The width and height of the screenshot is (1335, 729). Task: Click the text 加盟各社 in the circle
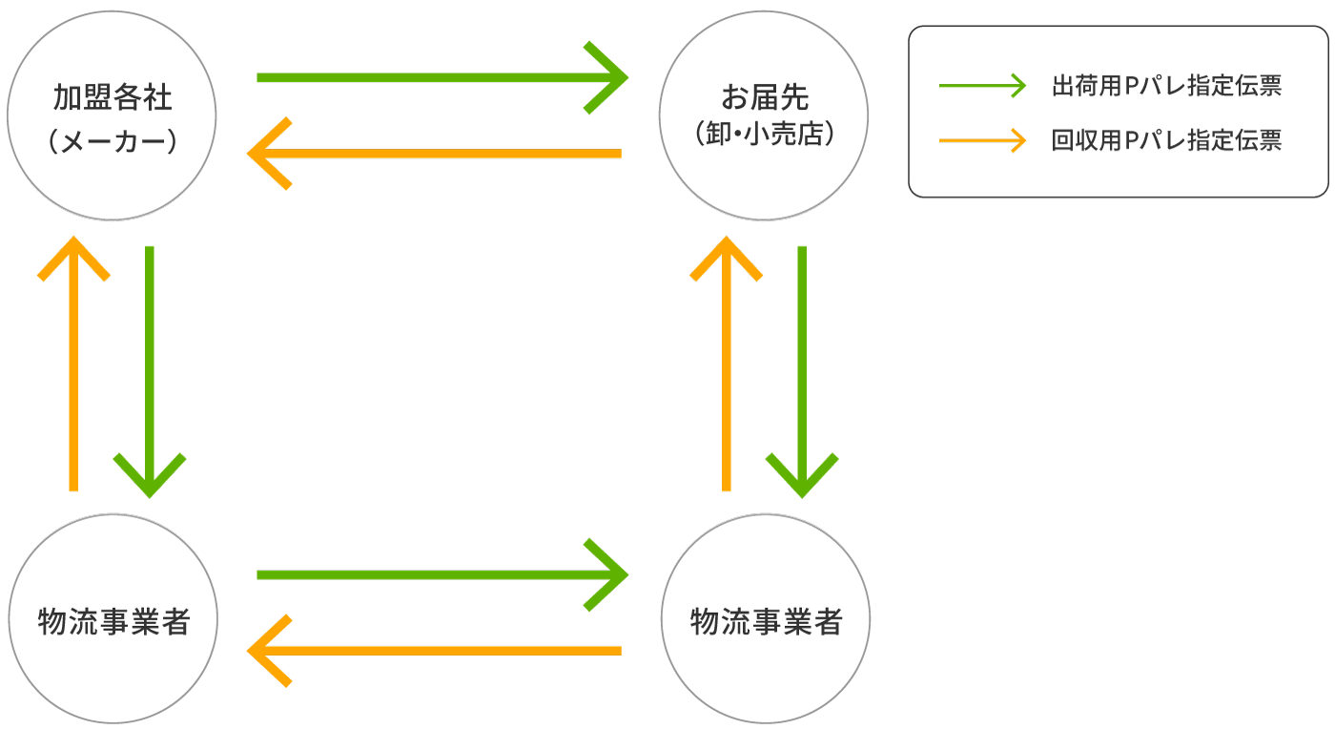click(x=112, y=98)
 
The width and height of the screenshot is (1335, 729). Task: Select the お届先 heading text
click(x=764, y=97)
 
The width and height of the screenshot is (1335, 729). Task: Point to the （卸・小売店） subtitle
click(x=764, y=134)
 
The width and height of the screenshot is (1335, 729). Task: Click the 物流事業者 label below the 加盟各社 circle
click(x=113, y=621)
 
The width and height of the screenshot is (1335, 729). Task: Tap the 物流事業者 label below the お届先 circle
click(x=766, y=621)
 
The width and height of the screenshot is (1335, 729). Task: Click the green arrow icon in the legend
click(x=982, y=86)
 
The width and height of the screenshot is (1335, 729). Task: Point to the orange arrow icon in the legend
click(x=982, y=141)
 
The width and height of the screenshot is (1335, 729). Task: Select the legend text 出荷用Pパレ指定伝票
click(x=1165, y=86)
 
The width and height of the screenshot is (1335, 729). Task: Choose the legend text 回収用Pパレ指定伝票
click(x=1165, y=141)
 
